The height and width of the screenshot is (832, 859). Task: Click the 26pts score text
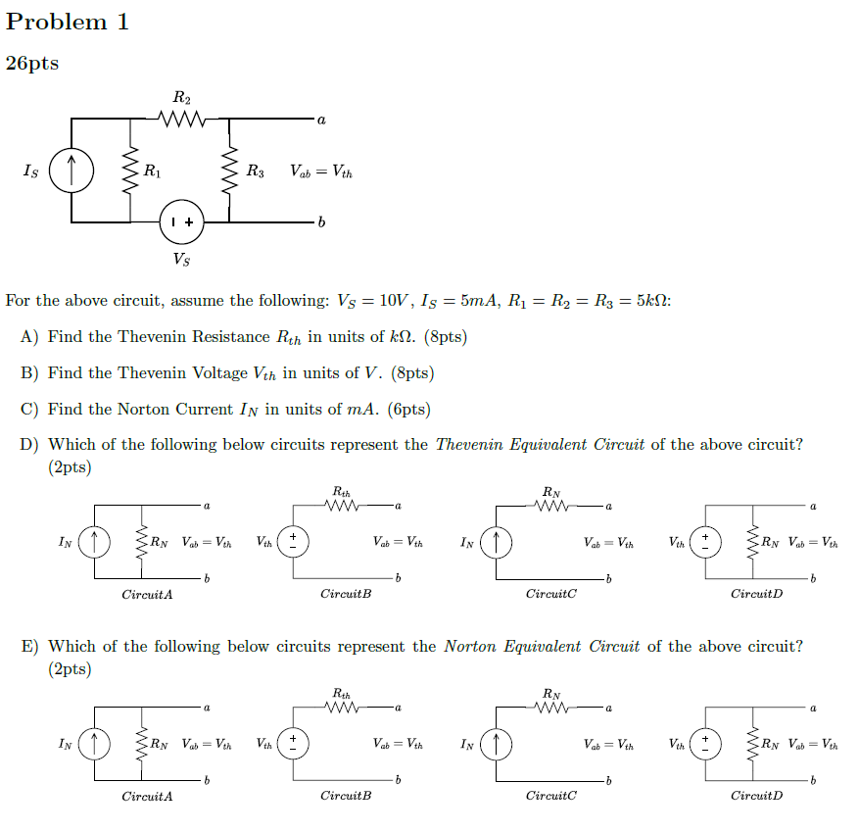pos(32,64)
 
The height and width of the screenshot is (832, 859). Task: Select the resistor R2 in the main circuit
pos(183,120)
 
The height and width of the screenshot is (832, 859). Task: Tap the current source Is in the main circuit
pos(73,171)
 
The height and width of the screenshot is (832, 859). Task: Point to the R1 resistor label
pos(152,171)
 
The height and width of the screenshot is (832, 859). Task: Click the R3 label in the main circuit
pos(255,171)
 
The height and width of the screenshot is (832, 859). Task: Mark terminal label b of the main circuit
pos(321,223)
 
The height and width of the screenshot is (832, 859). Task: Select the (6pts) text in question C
pos(409,410)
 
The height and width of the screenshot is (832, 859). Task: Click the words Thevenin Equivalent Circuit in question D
pos(540,445)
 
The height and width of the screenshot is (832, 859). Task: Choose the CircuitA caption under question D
pos(147,595)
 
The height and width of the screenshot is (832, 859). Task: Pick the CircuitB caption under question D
pos(346,595)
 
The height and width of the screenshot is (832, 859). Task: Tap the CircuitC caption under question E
pos(551,796)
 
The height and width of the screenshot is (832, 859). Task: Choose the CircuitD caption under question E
pos(757,796)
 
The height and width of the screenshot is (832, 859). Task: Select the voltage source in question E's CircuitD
pos(705,744)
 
